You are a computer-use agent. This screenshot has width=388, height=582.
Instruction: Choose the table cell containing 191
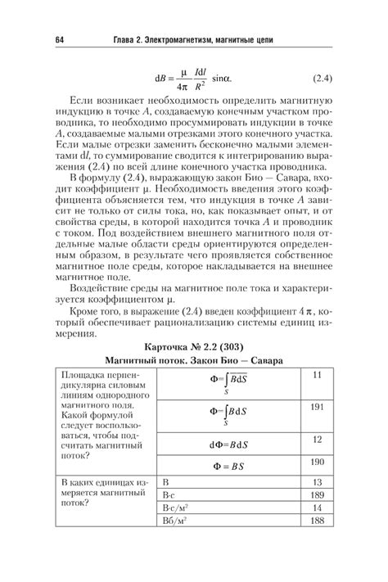coord(318,406)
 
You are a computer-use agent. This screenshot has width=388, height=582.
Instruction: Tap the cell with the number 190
coord(318,462)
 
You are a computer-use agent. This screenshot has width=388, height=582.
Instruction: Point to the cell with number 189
coord(318,494)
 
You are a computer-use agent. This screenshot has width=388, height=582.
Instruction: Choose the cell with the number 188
coord(318,521)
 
